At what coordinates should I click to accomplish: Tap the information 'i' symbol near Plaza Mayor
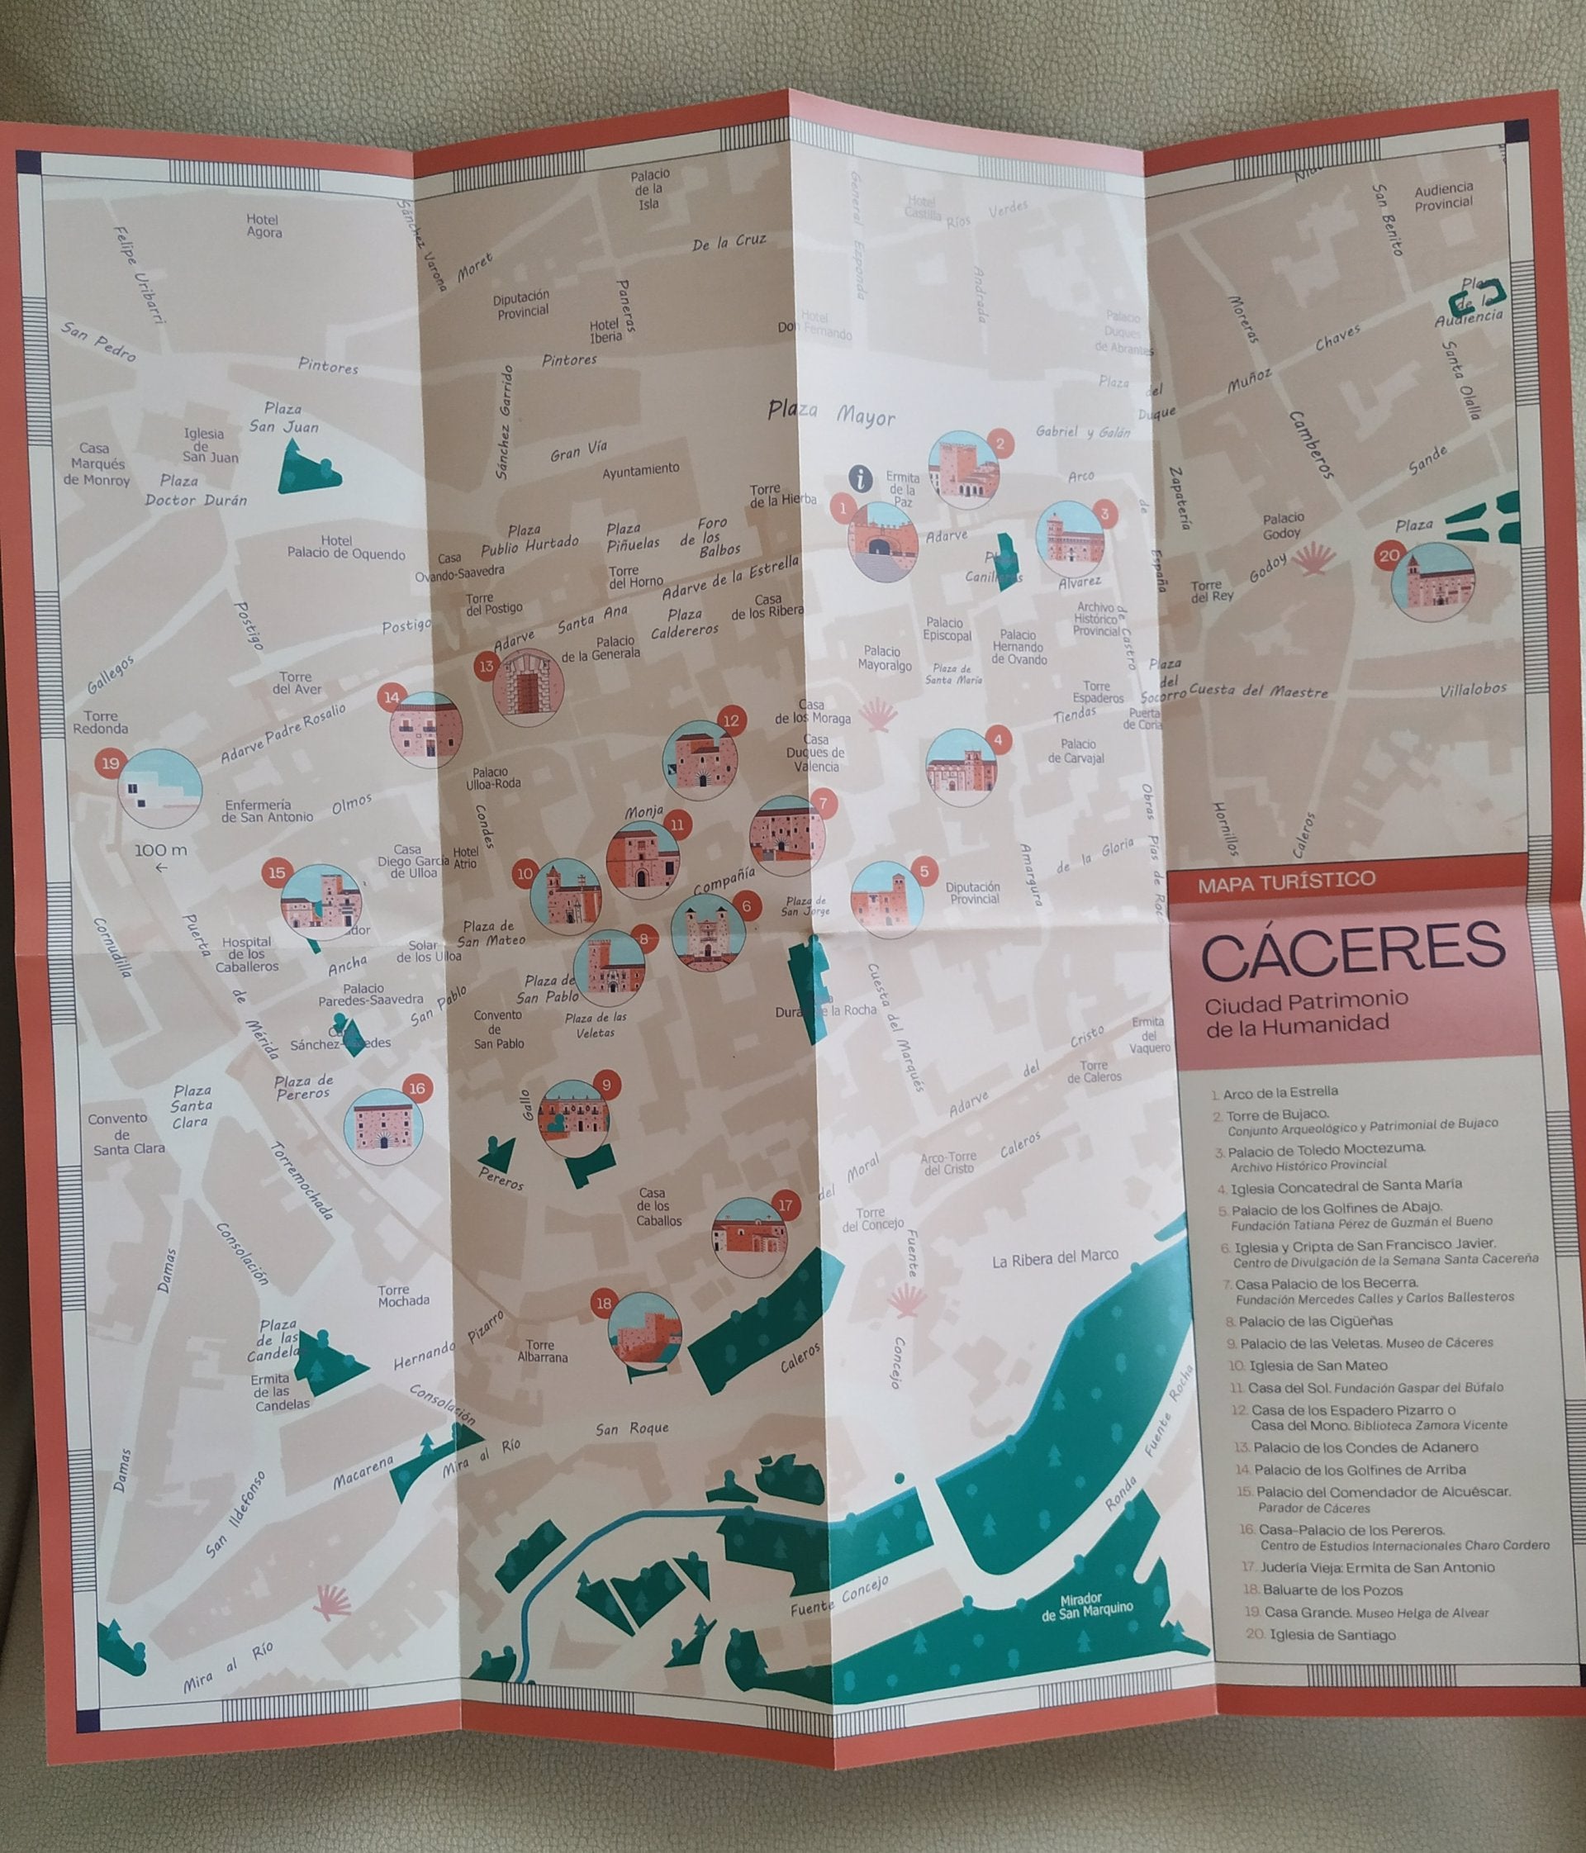point(860,478)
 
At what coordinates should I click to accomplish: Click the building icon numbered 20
point(1433,582)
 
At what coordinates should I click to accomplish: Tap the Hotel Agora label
point(264,226)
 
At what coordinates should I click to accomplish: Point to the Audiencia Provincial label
point(1443,196)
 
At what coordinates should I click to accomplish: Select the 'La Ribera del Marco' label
point(1055,1257)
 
